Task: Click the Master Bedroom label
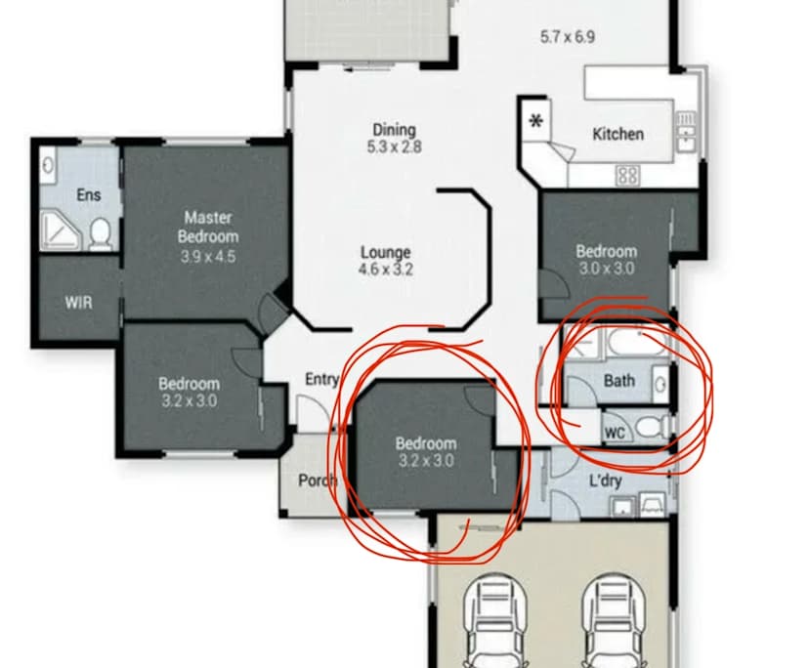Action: click(x=208, y=227)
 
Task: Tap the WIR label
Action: click(x=79, y=303)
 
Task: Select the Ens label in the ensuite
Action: click(x=88, y=195)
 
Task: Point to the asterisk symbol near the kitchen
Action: click(x=536, y=122)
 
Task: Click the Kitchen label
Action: click(x=618, y=134)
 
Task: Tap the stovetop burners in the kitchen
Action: click(x=627, y=176)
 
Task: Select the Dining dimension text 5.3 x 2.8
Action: click(x=394, y=147)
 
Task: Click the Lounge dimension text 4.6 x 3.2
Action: click(x=386, y=270)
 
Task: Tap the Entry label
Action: click(x=322, y=379)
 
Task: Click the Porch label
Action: click(x=318, y=480)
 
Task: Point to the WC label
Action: click(x=615, y=433)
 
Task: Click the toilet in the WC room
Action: click(x=651, y=427)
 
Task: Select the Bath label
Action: click(x=619, y=381)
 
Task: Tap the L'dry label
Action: click(x=605, y=481)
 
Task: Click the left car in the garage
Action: click(x=495, y=621)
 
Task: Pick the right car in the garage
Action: click(x=614, y=621)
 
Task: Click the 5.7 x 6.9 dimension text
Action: click(x=568, y=37)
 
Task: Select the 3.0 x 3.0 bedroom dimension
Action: click(x=607, y=269)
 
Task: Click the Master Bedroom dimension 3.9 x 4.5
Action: click(x=208, y=257)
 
